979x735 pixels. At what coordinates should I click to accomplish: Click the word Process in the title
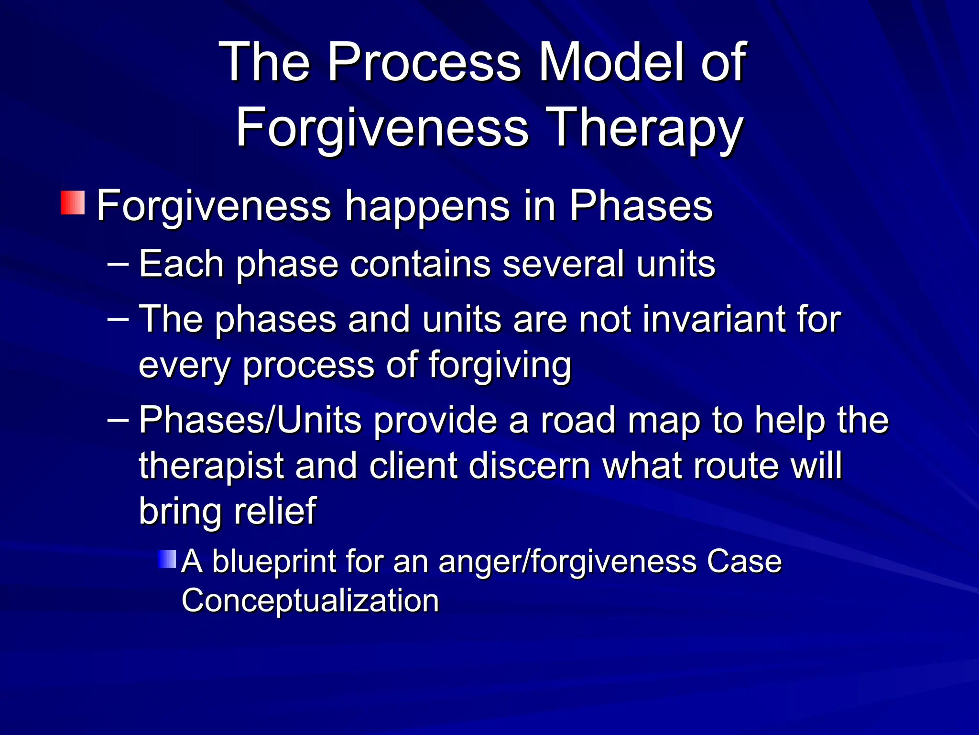coord(424,62)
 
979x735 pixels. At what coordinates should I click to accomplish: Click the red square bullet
coord(73,202)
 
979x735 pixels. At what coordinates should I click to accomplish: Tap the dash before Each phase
coord(119,264)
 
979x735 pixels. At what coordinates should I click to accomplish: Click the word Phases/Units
coord(250,420)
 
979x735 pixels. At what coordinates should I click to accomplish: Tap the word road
coord(577,420)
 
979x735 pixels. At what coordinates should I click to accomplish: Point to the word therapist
coord(211,466)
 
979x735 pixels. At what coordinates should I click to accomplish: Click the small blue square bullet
coord(167,559)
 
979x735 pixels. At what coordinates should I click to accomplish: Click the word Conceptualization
coord(310,601)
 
